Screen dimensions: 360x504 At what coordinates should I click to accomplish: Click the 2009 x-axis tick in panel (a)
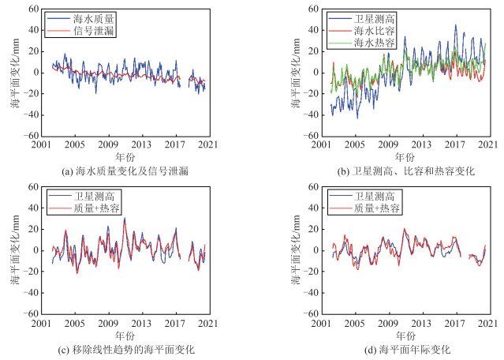pos(108,144)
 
